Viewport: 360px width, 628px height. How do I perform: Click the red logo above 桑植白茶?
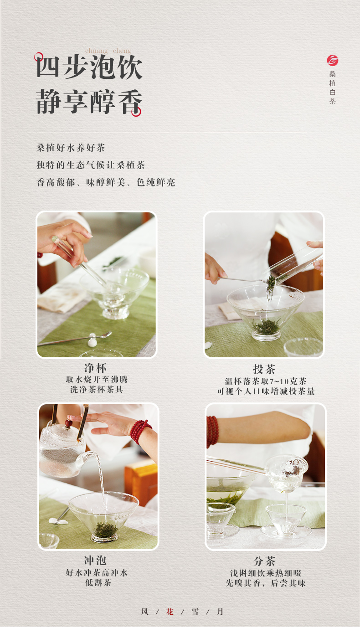(332, 60)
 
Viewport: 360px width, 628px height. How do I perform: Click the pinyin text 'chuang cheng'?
(108, 51)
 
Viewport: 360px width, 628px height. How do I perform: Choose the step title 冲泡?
(96, 560)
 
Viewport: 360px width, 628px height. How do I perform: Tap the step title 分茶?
(265, 561)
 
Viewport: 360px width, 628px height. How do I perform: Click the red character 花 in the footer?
(170, 612)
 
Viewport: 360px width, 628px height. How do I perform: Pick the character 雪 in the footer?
(195, 612)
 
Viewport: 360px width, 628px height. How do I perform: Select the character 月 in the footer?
(220, 612)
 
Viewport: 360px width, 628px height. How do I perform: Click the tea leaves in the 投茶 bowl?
(267, 327)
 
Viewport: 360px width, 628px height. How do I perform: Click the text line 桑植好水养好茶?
(71, 148)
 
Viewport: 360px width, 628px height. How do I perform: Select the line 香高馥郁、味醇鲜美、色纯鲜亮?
(106, 182)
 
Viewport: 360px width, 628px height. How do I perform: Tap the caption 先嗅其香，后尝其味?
(266, 583)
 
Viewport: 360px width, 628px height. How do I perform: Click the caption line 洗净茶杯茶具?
(97, 390)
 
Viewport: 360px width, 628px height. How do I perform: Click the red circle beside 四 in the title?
(39, 57)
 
